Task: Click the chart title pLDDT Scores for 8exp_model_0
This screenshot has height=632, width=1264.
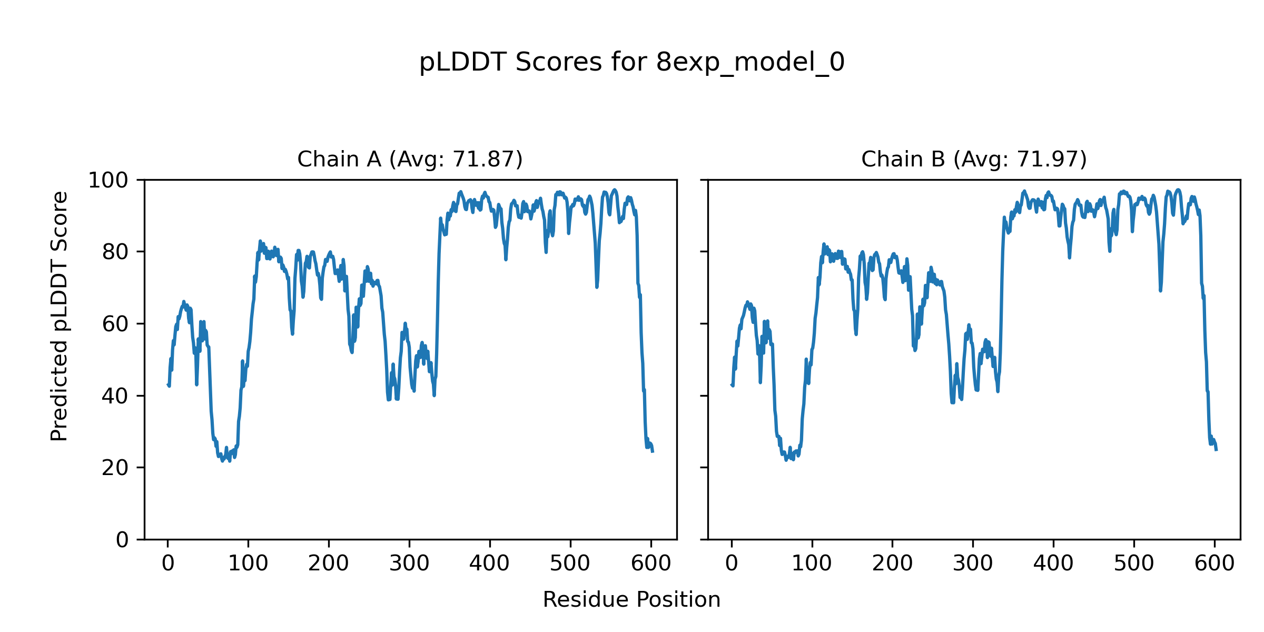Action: [x=631, y=63]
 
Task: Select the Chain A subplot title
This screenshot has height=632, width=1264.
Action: [x=410, y=159]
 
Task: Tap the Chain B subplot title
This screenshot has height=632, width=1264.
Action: [x=974, y=159]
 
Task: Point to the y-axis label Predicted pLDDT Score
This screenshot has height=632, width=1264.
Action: [x=60, y=316]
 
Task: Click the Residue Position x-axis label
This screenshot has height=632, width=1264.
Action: [x=631, y=600]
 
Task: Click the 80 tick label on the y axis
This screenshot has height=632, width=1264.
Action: [x=115, y=253]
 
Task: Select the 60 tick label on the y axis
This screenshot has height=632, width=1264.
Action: [x=115, y=324]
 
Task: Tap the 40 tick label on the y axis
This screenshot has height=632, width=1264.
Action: [x=115, y=397]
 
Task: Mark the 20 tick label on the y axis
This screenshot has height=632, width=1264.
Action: [x=115, y=468]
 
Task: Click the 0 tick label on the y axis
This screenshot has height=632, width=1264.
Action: [x=122, y=540]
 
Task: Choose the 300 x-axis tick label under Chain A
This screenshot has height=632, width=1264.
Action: [x=409, y=564]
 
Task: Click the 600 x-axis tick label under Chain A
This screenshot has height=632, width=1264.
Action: [x=651, y=564]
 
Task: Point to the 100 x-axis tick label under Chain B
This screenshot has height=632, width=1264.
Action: [x=812, y=564]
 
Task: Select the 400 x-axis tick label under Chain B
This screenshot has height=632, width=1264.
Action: [x=1053, y=564]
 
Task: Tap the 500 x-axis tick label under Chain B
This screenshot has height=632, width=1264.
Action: [x=1134, y=564]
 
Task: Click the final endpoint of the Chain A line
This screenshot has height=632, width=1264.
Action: [x=653, y=451]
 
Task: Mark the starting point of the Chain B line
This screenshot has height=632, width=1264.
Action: [x=732, y=385]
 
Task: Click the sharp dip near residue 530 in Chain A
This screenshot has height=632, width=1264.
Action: [x=597, y=287]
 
